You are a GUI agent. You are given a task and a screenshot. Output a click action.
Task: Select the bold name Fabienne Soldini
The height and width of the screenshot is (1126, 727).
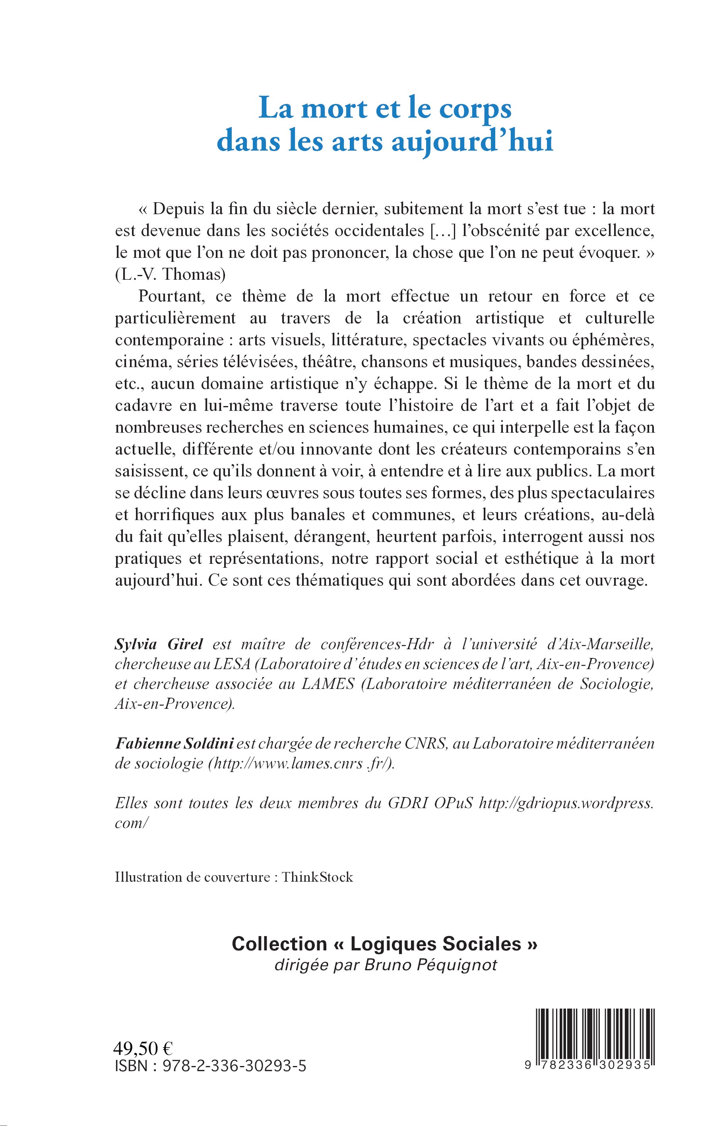(x=174, y=743)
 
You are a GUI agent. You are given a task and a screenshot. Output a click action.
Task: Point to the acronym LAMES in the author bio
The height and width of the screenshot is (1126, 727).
(x=328, y=684)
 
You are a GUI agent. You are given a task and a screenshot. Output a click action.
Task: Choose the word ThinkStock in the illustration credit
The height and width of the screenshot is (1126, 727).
(x=317, y=877)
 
